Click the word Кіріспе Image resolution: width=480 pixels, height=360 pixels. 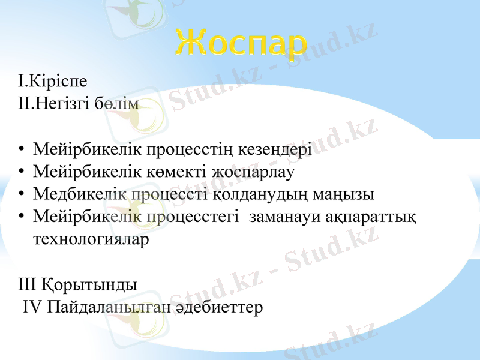tap(58, 82)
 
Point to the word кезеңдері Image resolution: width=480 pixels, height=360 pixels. tap(276, 149)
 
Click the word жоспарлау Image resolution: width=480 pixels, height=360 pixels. tap(256, 172)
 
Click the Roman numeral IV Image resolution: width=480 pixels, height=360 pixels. tap(32, 307)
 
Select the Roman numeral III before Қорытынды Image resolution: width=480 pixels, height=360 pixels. tap(28, 284)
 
